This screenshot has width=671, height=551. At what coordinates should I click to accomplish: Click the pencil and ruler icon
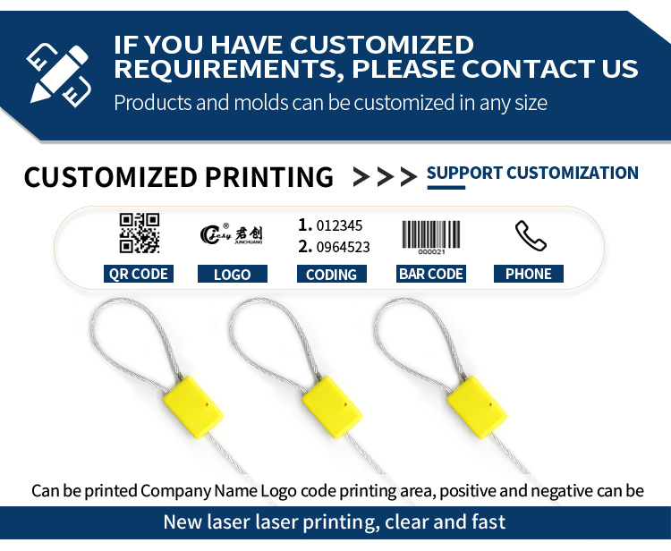tap(59, 75)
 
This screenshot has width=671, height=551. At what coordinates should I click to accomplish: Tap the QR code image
tap(139, 233)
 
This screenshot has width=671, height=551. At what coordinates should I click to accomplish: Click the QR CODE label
tap(138, 274)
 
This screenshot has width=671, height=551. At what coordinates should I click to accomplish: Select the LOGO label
tap(233, 274)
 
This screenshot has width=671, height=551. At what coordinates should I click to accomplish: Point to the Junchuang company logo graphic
tap(231, 234)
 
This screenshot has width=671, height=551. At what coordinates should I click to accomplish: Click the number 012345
tap(339, 225)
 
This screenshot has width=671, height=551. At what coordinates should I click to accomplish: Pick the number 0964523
tap(344, 247)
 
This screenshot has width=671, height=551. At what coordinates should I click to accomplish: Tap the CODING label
tap(332, 274)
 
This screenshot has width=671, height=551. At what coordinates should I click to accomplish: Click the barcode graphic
tap(431, 237)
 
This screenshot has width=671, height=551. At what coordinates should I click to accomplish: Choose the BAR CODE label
tap(431, 274)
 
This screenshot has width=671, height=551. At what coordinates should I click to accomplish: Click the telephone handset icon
tap(531, 235)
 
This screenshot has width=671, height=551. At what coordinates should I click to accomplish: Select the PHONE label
tap(529, 274)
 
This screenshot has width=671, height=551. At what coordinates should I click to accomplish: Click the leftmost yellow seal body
tap(193, 407)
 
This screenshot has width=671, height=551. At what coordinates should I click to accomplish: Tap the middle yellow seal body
tap(332, 407)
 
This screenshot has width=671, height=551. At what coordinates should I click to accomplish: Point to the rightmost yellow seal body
tap(477, 407)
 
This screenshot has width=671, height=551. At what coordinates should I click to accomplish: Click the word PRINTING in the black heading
tap(269, 177)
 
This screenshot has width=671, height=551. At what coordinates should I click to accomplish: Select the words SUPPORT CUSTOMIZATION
tap(532, 173)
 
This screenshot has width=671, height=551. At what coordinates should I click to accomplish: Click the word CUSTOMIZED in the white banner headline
tap(382, 45)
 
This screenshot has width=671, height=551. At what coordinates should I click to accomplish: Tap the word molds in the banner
tap(261, 103)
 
